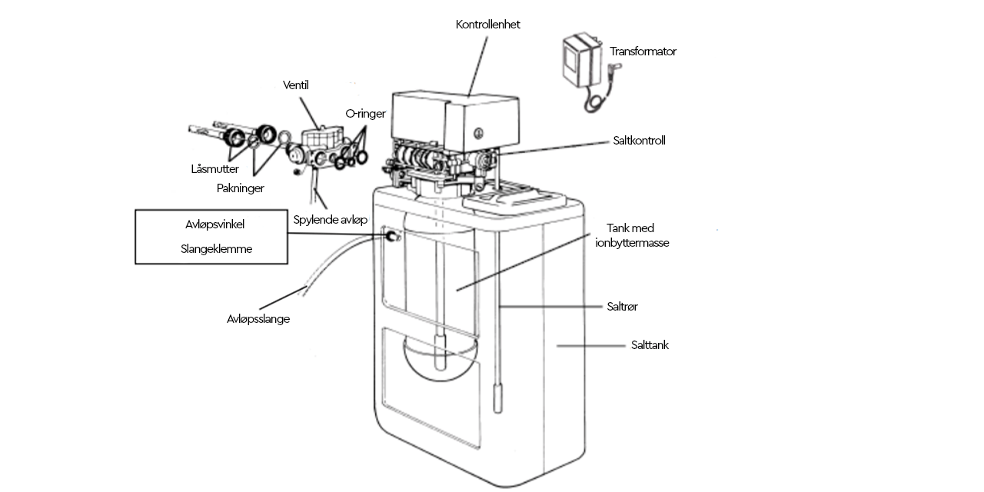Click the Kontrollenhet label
pos(487,25)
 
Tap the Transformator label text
pos(643,52)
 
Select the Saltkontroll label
pos(639,141)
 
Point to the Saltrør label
pos(622,307)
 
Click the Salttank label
pos(650,345)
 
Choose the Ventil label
pos(296,85)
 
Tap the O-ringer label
pos(365,114)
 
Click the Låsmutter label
pos(214,169)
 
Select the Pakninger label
pos(241,188)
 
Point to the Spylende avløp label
pos(331,220)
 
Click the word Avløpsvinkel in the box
pos(214,224)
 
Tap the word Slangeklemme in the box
pos(216,249)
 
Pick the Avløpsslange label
pos(258,319)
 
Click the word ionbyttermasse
pos(632,243)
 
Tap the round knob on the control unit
pos(479,133)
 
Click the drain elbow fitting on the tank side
pos(392,236)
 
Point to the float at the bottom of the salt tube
pos(497,397)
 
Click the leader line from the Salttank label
pos(591,346)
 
